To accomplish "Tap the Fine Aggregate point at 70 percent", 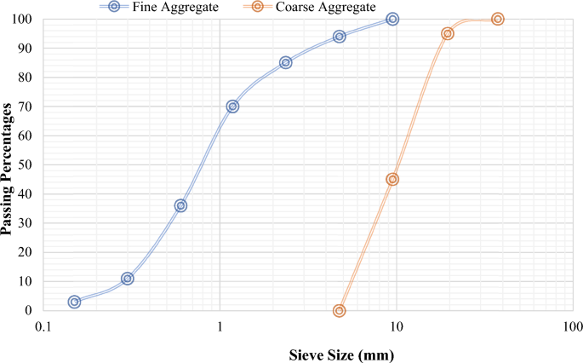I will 232,107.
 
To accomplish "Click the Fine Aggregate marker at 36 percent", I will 180,205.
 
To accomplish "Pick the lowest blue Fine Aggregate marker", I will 75,302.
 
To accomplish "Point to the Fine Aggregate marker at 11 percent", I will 128,279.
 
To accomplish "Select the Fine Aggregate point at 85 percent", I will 286,62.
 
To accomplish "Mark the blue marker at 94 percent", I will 340,37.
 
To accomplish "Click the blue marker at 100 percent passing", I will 392,19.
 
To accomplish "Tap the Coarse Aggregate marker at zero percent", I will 340,311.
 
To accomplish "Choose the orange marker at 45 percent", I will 392,180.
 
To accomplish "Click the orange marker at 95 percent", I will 448,34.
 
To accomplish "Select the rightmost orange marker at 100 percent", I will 498,19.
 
